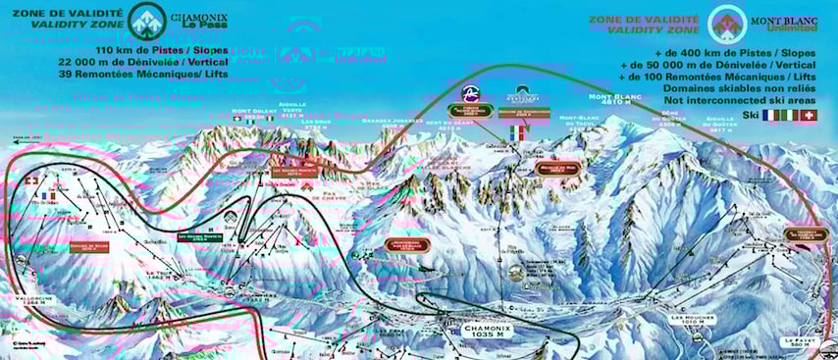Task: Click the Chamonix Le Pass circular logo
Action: tap(146, 24)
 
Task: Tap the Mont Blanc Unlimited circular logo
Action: tap(728, 24)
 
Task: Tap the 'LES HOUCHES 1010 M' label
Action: tap(689, 322)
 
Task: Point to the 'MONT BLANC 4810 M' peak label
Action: tap(614, 101)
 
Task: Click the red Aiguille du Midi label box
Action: tap(558, 168)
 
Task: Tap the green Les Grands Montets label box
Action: tap(197, 235)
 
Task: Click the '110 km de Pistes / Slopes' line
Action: tap(163, 49)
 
